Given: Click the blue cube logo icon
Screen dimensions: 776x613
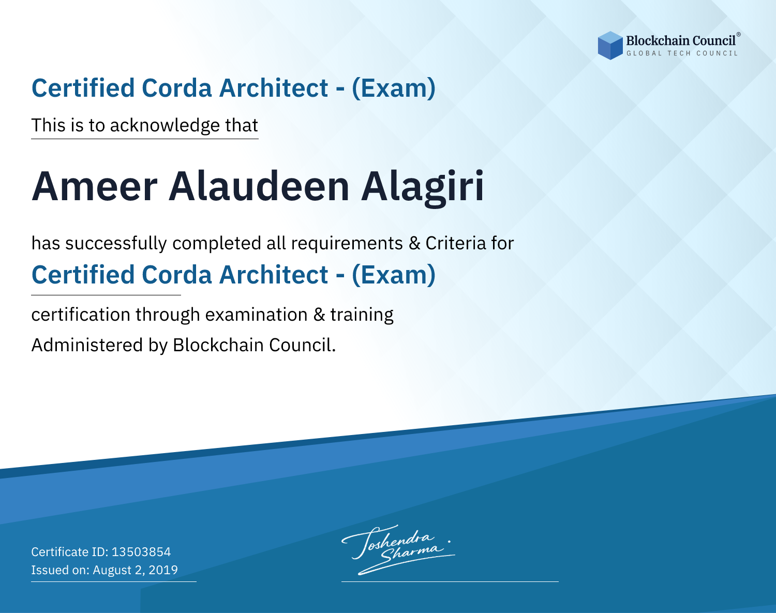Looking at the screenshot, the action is click(x=610, y=46).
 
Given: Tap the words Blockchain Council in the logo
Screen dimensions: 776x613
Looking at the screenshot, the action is click(x=681, y=40).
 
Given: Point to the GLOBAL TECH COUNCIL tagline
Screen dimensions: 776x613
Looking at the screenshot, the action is click(x=682, y=53).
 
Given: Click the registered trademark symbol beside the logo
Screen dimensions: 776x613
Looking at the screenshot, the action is click(x=739, y=35).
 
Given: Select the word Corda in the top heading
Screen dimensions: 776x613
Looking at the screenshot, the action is click(x=176, y=88).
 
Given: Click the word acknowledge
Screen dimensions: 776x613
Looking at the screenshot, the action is click(x=165, y=125).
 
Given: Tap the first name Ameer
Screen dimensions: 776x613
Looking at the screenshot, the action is click(x=95, y=187).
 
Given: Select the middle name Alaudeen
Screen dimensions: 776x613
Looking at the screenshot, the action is click(x=259, y=186).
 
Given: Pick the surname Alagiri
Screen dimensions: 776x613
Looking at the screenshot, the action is click(x=422, y=187).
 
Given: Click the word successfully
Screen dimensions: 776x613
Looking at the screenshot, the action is click(x=116, y=243).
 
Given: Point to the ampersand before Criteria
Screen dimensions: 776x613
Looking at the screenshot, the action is click(x=414, y=243).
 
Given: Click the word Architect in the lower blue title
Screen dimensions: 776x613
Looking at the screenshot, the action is click(x=274, y=275).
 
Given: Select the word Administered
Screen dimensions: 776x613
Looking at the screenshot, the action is click(x=87, y=345).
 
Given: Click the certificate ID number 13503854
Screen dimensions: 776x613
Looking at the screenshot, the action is click(x=141, y=551).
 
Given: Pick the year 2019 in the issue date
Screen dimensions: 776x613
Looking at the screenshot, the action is click(x=163, y=570).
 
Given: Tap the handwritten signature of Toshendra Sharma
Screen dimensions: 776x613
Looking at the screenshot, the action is click(x=398, y=549).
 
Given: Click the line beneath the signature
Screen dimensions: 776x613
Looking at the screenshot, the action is click(x=450, y=581).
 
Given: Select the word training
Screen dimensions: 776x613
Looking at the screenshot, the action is click(x=362, y=315).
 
